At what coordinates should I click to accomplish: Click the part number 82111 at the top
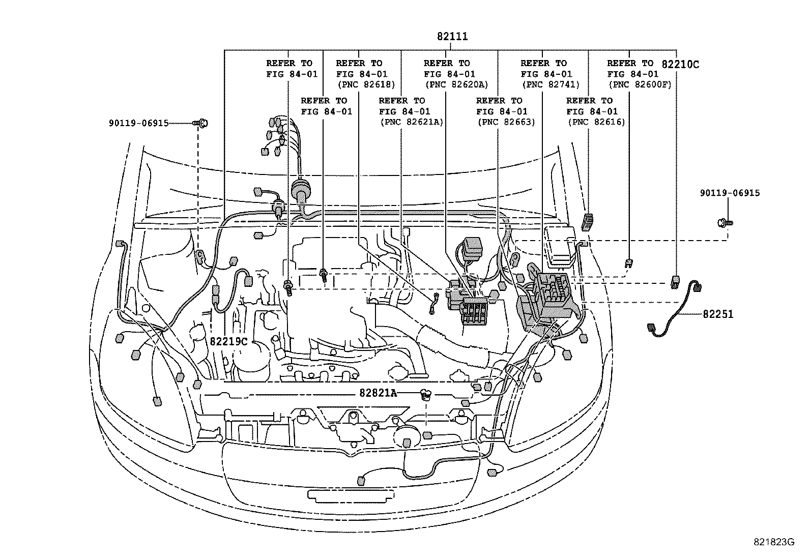pos(452,37)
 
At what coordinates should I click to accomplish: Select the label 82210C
pos(680,64)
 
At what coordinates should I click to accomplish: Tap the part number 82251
pos(718,314)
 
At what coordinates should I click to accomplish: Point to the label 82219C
pos(228,341)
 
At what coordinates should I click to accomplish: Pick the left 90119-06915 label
pos(138,123)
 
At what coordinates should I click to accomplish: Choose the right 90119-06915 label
pos(730,193)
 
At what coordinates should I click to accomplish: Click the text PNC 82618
pos(366,84)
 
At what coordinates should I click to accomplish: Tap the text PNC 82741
pos(551,84)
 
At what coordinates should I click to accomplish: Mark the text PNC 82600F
pos(640,84)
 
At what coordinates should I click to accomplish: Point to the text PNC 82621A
pos(411,122)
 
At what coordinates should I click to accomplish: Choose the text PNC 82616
pos(596,122)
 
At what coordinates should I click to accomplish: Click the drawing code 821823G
pos(774,542)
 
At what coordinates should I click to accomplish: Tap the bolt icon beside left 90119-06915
pos(201,123)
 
